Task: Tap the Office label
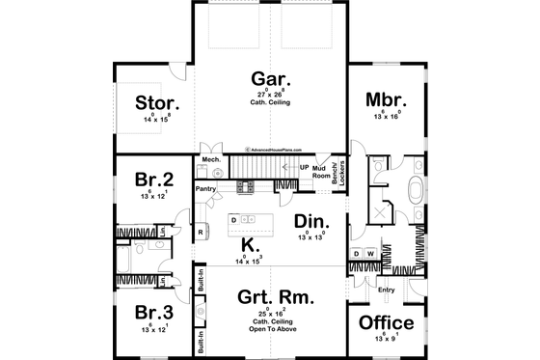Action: point(386,323)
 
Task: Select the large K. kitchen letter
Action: point(247,244)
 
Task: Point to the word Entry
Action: point(386,290)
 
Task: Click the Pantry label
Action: point(205,190)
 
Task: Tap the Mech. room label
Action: point(210,159)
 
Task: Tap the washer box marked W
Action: point(371,255)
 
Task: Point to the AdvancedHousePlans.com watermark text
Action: point(275,150)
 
